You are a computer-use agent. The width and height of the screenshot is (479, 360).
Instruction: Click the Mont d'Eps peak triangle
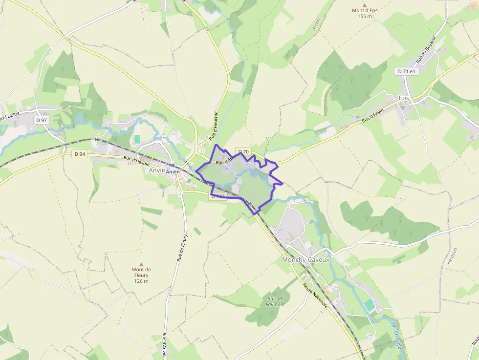(x=364, y=4)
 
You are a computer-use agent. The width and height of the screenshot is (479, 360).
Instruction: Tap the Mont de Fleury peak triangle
(x=141, y=264)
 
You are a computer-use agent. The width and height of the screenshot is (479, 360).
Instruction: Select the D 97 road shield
(x=41, y=120)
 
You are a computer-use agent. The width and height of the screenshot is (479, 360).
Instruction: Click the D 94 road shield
(x=80, y=154)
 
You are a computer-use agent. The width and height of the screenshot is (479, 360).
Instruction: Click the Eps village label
(x=404, y=98)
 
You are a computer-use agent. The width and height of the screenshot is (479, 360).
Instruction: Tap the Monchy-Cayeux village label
(x=306, y=260)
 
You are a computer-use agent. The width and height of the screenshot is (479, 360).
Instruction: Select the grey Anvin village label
(x=156, y=170)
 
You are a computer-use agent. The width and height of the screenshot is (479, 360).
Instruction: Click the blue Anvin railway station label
(x=173, y=172)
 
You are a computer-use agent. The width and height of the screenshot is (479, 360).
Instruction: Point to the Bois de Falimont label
(x=275, y=301)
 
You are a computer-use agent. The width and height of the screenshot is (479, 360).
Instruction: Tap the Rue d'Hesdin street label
(x=136, y=160)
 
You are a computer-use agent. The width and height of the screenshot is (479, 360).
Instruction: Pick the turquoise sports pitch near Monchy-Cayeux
(x=370, y=305)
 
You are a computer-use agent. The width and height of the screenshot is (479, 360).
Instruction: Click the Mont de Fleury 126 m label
(x=141, y=275)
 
